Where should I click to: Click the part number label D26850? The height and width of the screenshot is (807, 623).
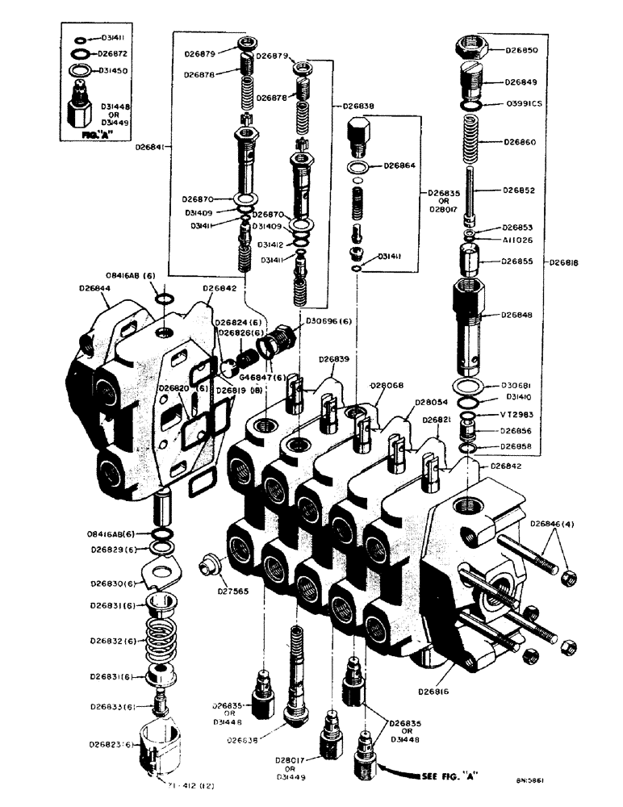525,50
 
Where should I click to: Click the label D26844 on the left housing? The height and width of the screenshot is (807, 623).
96,288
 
